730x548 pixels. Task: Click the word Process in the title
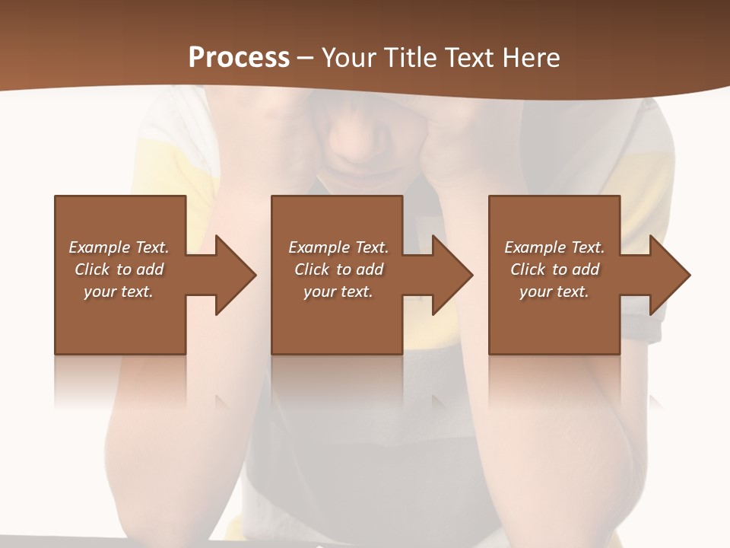pyautogui.click(x=239, y=58)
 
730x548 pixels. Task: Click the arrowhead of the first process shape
pyautogui.click(x=235, y=275)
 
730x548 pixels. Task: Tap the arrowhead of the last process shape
pyautogui.click(x=669, y=275)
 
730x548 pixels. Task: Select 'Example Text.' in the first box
pyautogui.click(x=119, y=247)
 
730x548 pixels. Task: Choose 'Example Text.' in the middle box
pyautogui.click(x=338, y=247)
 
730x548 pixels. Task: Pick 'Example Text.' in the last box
pyautogui.click(x=554, y=247)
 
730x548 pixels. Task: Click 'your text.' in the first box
pyautogui.click(x=119, y=292)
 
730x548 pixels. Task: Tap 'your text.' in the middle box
pyautogui.click(x=338, y=292)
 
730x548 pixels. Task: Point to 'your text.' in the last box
pyautogui.click(x=554, y=292)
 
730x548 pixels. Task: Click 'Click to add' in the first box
pyautogui.click(x=119, y=269)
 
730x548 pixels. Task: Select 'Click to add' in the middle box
pyautogui.click(x=338, y=269)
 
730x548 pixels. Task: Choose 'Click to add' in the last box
pyautogui.click(x=554, y=269)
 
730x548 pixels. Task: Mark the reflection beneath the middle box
pyautogui.click(x=337, y=381)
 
